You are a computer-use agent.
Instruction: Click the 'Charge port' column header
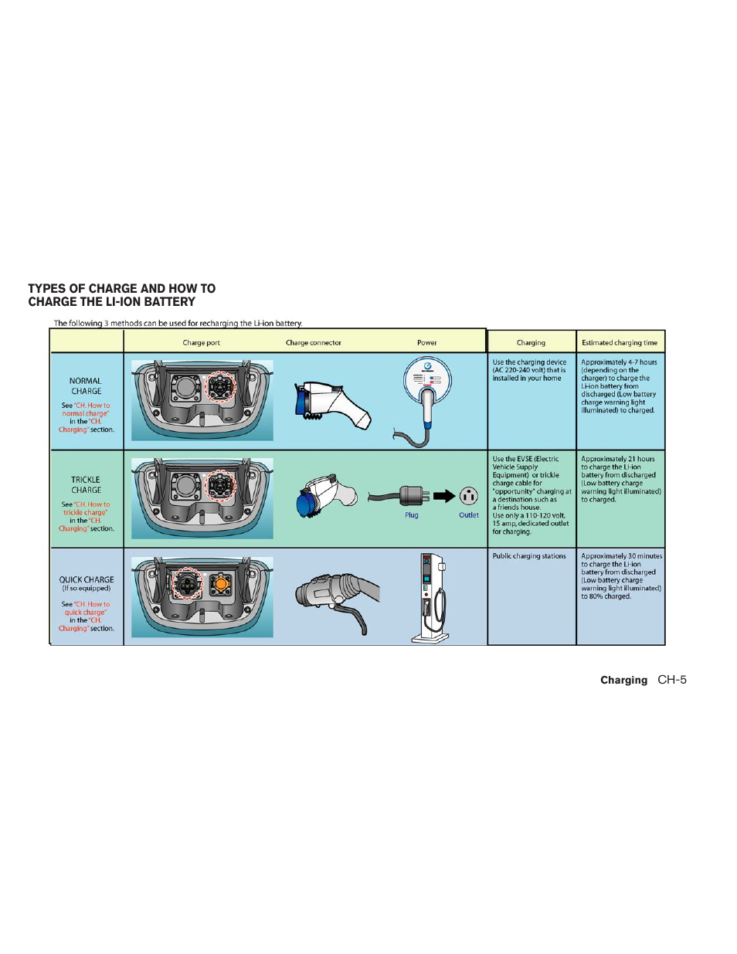pyautogui.click(x=201, y=342)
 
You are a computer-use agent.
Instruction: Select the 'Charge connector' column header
pyautogui.click(x=313, y=342)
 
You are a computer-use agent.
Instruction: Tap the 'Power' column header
pyautogui.click(x=426, y=342)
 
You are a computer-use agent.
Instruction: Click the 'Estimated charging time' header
pyautogui.click(x=619, y=342)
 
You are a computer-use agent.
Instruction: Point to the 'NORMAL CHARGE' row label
pyautogui.click(x=86, y=385)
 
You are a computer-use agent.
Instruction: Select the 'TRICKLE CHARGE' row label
pyautogui.click(x=86, y=484)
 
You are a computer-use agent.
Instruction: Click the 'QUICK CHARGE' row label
pyautogui.click(x=87, y=579)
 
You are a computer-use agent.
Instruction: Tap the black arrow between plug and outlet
pyautogui.click(x=444, y=496)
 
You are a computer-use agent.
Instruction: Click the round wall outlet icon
pyautogui.click(x=468, y=496)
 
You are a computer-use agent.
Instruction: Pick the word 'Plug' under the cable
pyautogui.click(x=411, y=515)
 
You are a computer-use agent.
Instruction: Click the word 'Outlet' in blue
pyautogui.click(x=468, y=515)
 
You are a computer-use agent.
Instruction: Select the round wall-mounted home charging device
pyautogui.click(x=427, y=380)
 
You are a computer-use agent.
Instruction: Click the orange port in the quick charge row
pyautogui.click(x=221, y=584)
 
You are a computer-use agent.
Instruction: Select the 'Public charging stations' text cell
pyautogui.click(x=529, y=556)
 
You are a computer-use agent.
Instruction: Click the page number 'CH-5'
pyautogui.click(x=671, y=680)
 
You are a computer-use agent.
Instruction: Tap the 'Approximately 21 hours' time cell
pyautogui.click(x=620, y=479)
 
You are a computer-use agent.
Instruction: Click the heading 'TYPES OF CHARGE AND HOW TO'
pyautogui.click(x=122, y=288)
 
